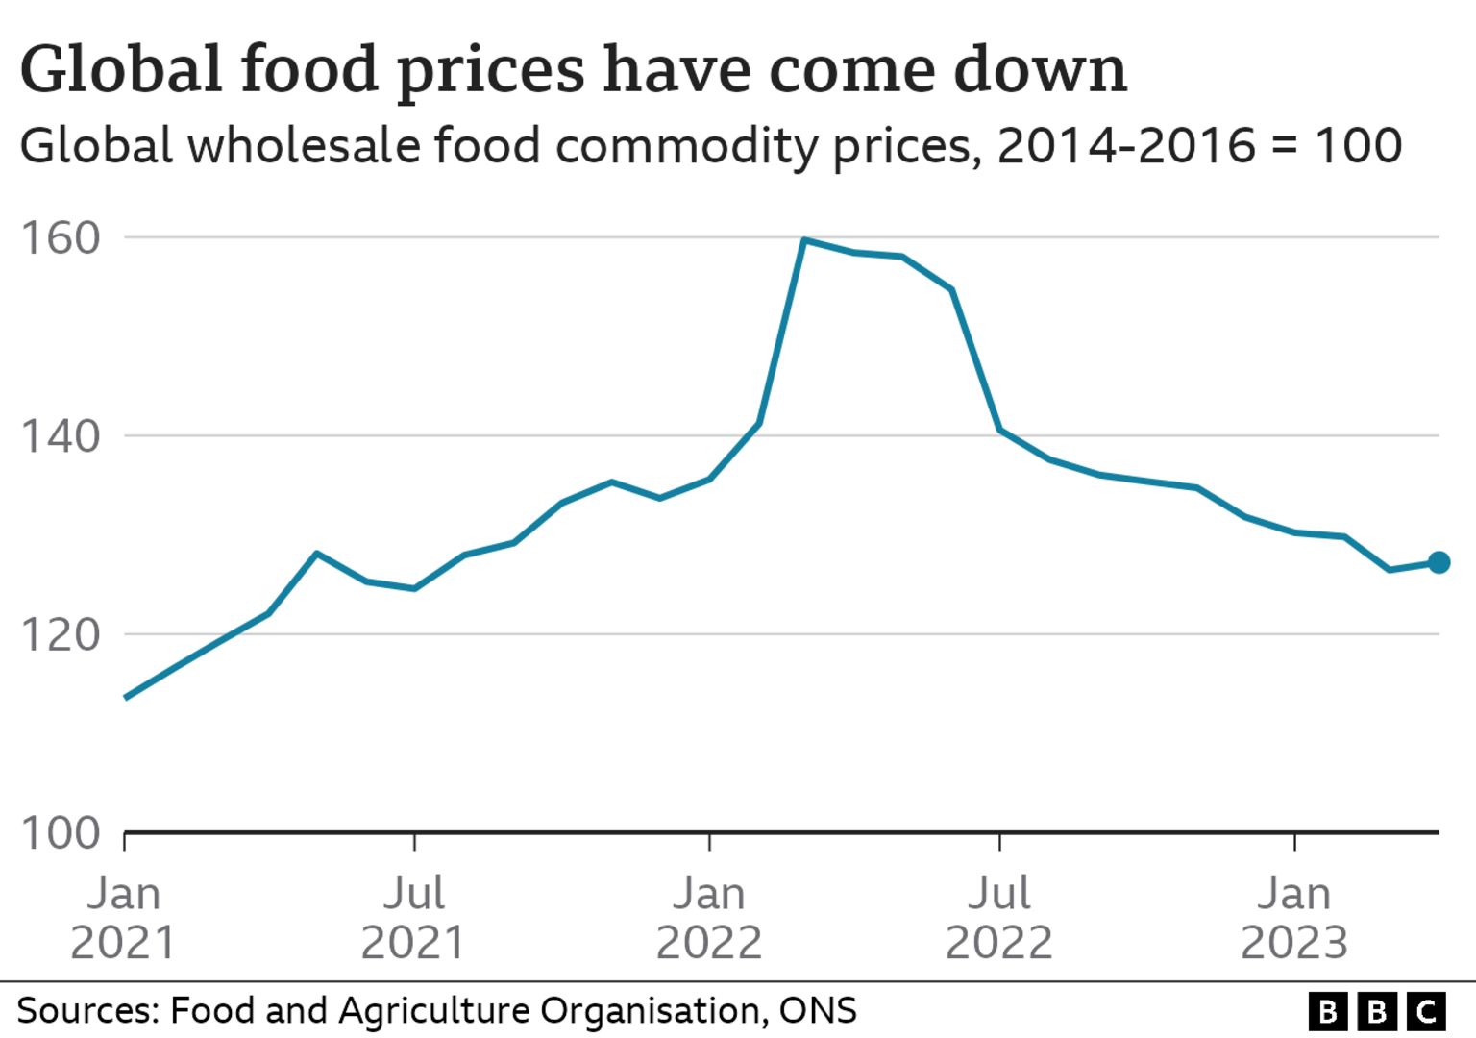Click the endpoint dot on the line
tap(1438, 562)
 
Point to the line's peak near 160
tap(803, 239)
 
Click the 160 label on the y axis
tap(61, 238)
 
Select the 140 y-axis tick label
tap(61, 436)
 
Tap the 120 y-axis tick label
tap(61, 634)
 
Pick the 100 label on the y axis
tap(61, 832)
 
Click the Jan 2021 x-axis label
tap(124, 918)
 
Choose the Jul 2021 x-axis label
tap(414, 918)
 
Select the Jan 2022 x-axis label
tap(709, 918)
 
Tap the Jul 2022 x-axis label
tap(999, 918)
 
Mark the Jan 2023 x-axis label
tap(1294, 918)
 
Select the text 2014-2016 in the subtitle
tap(1126, 146)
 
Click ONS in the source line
tap(818, 1011)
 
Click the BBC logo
tap(1376, 1012)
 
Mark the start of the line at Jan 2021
tap(126, 697)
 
